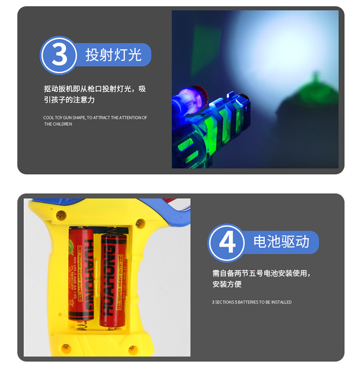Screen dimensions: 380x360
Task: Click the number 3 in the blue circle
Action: [x=59, y=55]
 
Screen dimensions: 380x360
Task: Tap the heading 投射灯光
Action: [x=113, y=55]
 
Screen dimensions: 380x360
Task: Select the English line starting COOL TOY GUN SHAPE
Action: [x=95, y=118]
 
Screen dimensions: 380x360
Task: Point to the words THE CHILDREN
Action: [x=58, y=124]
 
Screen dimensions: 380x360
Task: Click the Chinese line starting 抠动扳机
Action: [x=95, y=89]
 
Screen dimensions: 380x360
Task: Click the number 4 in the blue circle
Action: [x=227, y=243]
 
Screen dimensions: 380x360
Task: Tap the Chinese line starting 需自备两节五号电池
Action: [x=262, y=273]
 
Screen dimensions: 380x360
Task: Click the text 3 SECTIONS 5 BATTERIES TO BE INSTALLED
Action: [x=252, y=302]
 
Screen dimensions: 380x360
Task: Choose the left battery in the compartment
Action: [x=82, y=273]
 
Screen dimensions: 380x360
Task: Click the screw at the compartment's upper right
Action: [x=140, y=223]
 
